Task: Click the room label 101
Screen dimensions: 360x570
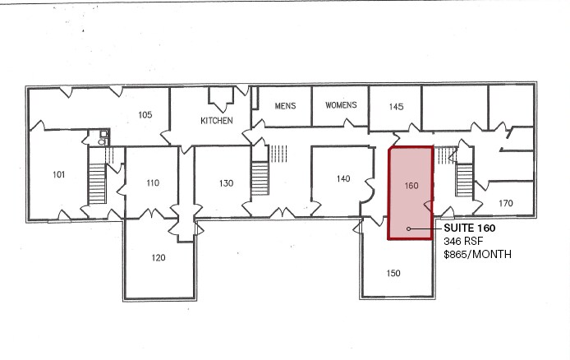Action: tap(59, 174)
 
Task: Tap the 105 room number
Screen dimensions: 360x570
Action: tap(145, 115)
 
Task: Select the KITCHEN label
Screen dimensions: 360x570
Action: tap(217, 121)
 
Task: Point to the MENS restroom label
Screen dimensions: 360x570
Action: tap(286, 106)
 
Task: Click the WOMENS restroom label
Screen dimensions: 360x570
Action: tap(341, 106)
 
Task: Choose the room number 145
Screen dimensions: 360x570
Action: tap(396, 107)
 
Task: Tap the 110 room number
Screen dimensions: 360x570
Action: tap(153, 182)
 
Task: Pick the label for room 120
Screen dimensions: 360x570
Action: tap(159, 257)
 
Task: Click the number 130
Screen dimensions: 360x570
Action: tap(228, 182)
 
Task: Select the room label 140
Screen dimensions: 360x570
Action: tap(344, 178)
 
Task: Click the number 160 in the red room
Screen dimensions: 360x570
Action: tap(412, 186)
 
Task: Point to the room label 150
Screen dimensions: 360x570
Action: tap(393, 273)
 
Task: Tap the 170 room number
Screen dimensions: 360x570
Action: tap(506, 203)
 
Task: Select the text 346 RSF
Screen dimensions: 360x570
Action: tap(462, 242)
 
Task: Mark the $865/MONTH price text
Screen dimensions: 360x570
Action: tap(477, 255)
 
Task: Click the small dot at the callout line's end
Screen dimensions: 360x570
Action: tap(409, 228)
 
